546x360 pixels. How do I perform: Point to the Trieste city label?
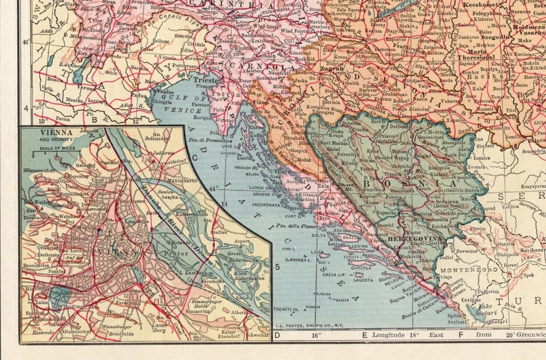[205, 81]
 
